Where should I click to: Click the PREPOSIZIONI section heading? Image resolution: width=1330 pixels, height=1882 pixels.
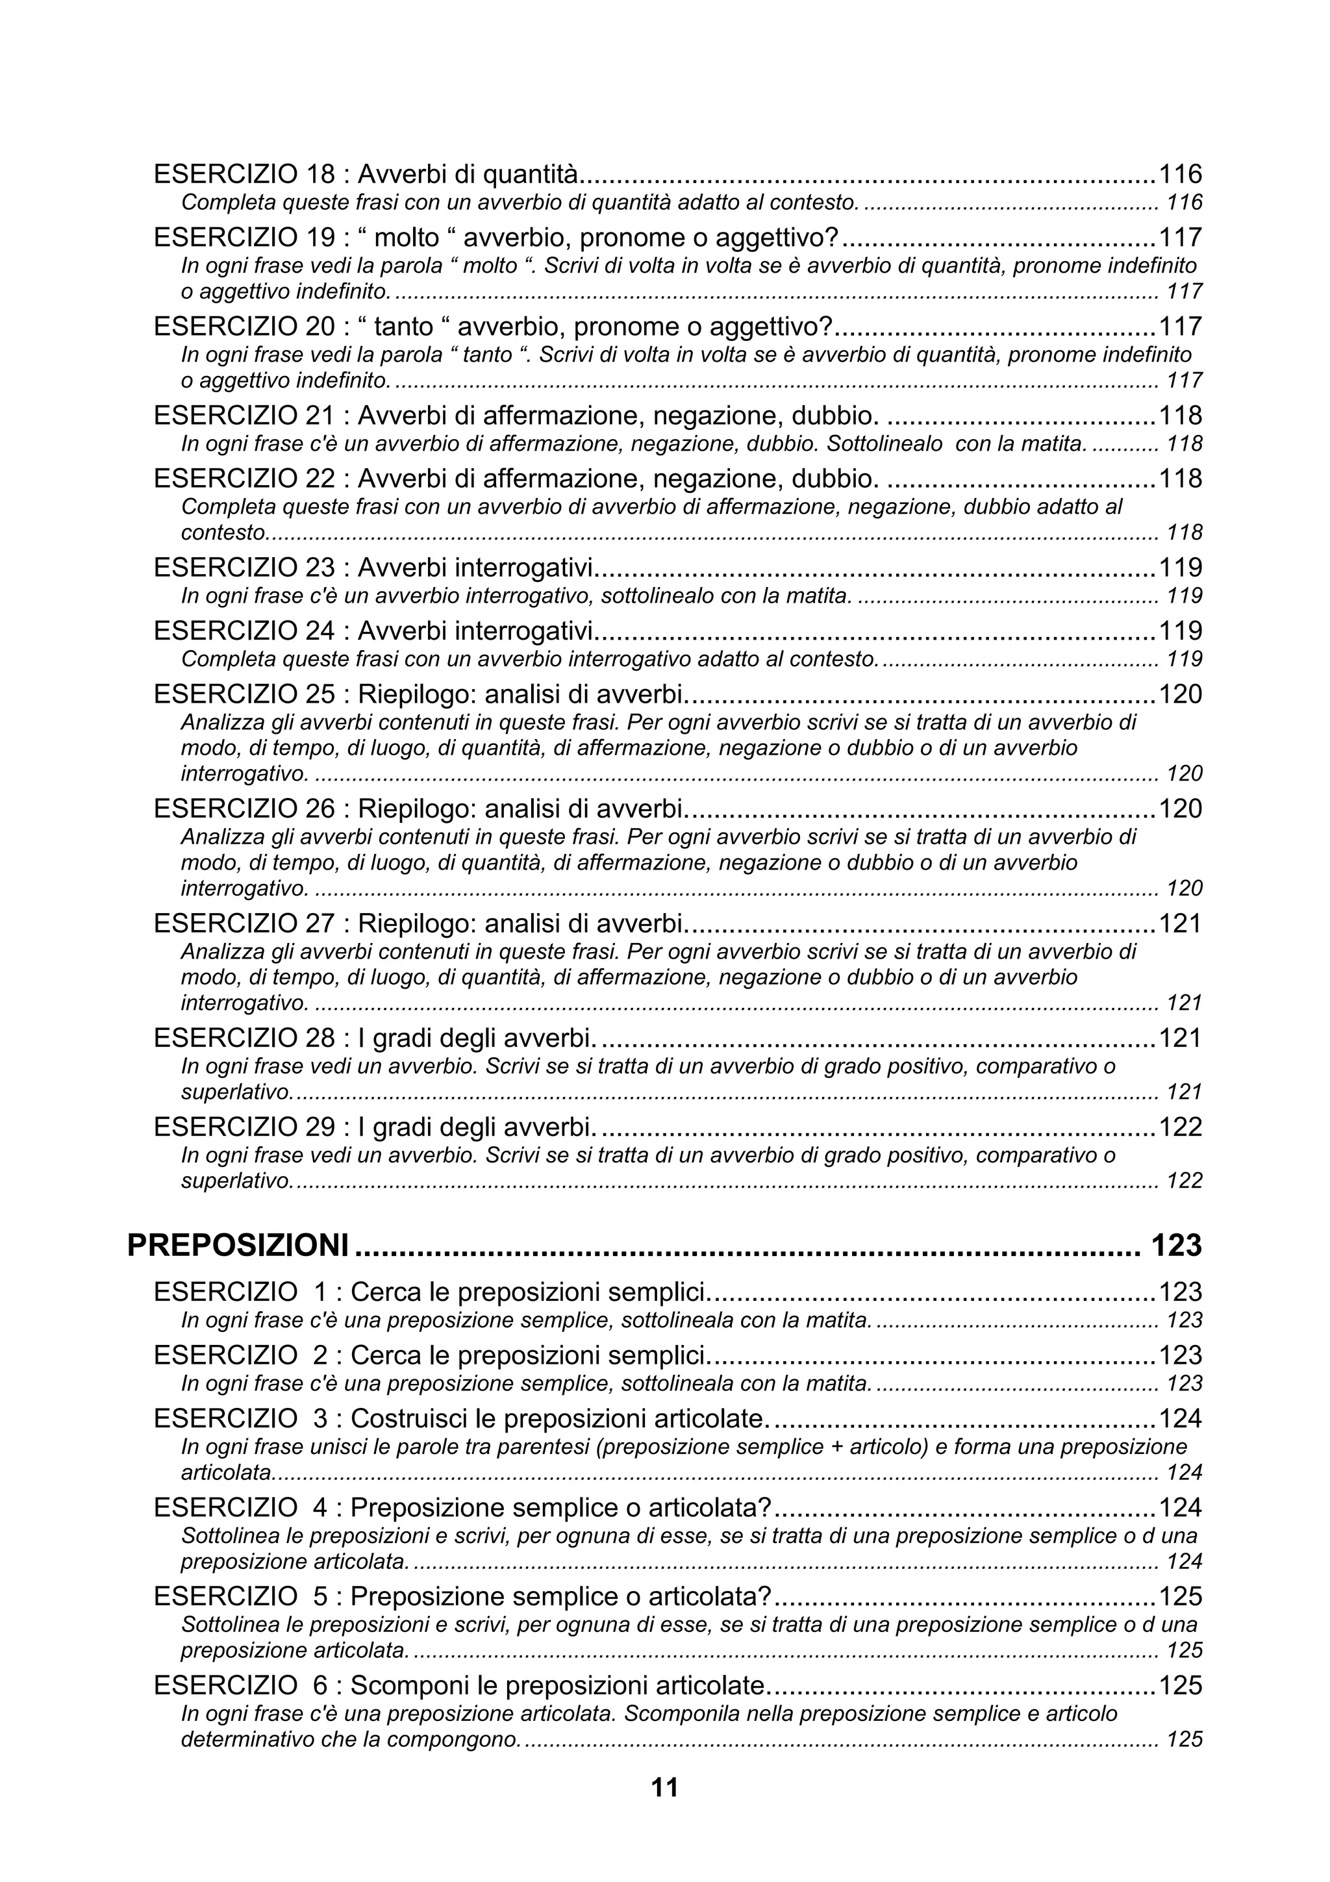238,1245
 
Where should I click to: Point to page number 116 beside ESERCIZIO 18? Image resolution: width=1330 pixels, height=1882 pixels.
1179,174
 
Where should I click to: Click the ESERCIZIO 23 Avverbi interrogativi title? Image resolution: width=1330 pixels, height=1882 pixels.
373,567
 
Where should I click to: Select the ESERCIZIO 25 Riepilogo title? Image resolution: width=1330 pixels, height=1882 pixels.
418,694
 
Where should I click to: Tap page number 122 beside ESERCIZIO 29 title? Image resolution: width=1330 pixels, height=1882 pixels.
1179,1127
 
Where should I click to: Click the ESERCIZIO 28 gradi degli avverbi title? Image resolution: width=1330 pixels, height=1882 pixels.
373,1038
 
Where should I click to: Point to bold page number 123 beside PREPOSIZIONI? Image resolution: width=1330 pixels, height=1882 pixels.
1176,1245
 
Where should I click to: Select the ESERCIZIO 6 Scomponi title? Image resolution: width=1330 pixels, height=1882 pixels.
459,1685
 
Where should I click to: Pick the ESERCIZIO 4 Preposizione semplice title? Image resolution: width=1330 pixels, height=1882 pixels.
462,1507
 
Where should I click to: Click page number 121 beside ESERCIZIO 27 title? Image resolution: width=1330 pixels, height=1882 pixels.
1179,923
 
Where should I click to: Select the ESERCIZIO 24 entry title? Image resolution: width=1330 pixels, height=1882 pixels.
373,631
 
